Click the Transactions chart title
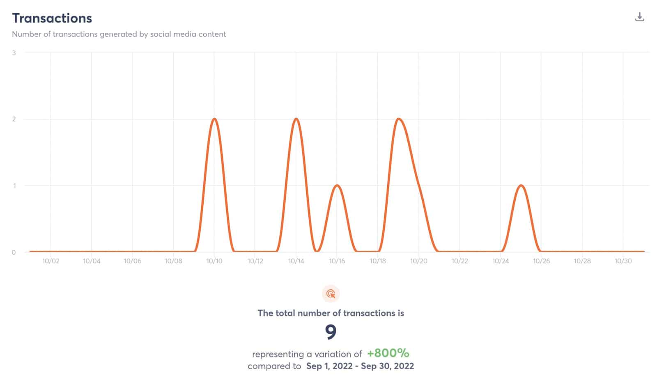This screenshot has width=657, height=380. (52, 18)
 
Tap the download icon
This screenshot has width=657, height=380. (639, 17)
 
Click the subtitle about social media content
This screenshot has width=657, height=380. (119, 34)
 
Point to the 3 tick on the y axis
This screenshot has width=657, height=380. (14, 53)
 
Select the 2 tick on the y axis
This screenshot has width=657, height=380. (14, 119)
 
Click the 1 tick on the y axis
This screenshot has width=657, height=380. (14, 186)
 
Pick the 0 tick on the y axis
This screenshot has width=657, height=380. (14, 252)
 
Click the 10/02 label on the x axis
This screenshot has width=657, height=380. (51, 261)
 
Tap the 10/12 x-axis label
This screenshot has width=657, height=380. (255, 261)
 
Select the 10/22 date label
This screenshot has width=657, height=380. (459, 261)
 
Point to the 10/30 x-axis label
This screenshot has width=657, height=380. (623, 261)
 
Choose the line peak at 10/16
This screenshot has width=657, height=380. (337, 185)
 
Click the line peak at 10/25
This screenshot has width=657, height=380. (521, 185)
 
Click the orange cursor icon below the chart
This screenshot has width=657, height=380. (331, 294)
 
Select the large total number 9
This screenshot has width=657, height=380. (331, 332)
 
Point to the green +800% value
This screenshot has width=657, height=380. (388, 353)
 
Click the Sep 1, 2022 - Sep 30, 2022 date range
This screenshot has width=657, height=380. (360, 366)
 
